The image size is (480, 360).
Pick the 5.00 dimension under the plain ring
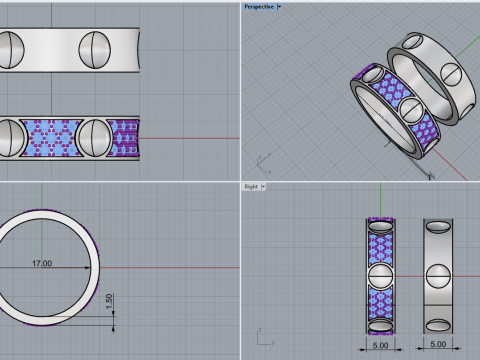(438, 343)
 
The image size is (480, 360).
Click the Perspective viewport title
(259, 6)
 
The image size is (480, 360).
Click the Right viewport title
(251, 186)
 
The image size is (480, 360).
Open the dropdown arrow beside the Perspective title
(282, 6)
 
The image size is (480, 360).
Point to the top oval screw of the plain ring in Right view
(438, 226)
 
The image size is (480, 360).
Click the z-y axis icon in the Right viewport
(261, 337)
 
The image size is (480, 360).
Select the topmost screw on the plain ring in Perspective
(412, 43)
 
